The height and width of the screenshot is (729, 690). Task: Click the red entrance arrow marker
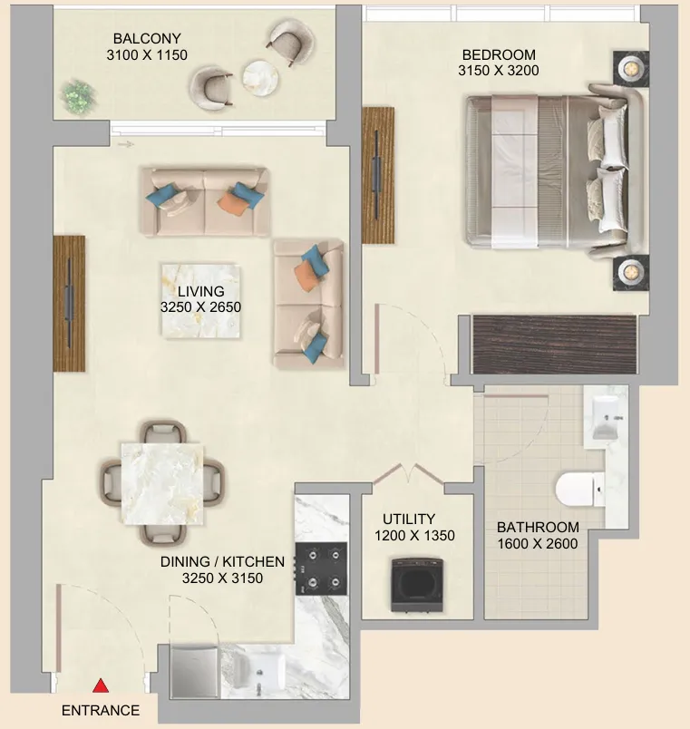(x=101, y=686)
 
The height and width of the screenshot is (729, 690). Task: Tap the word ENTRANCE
(x=101, y=710)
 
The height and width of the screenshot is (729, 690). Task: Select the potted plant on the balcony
(x=80, y=97)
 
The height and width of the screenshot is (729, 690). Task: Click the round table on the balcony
(x=260, y=78)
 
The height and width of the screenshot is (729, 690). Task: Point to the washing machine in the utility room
(x=417, y=585)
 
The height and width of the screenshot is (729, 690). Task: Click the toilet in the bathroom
(x=579, y=489)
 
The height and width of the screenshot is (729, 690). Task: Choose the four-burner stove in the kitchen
(x=321, y=569)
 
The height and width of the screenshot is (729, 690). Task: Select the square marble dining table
(x=162, y=483)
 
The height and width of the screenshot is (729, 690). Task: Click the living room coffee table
(x=201, y=301)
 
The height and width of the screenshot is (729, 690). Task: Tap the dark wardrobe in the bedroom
(x=554, y=345)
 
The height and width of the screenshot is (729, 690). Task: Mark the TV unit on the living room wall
(x=69, y=303)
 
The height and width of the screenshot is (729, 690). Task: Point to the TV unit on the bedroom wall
(x=378, y=175)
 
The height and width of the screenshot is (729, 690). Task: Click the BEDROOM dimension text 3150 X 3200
(x=499, y=71)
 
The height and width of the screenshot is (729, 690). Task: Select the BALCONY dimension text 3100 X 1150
(x=147, y=55)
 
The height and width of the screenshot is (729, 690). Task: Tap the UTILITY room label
(x=409, y=519)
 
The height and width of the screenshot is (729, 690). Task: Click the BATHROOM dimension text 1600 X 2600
(x=538, y=543)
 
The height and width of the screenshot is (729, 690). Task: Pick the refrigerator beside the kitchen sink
(x=194, y=672)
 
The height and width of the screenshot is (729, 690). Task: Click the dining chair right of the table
(x=213, y=482)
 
